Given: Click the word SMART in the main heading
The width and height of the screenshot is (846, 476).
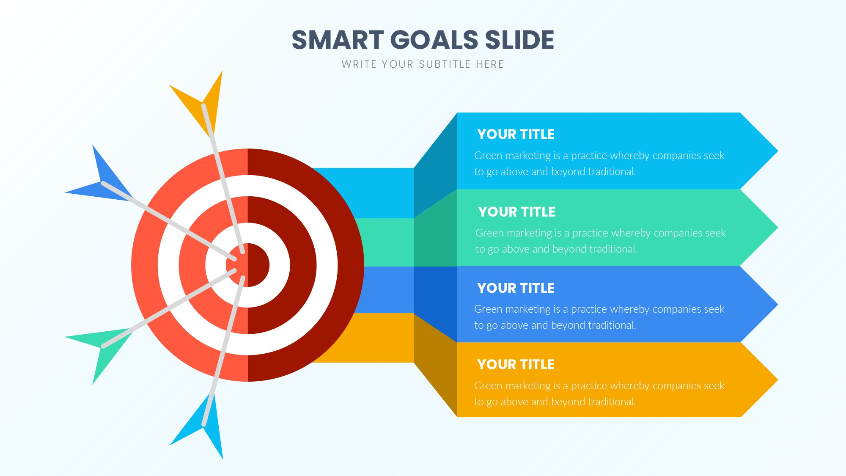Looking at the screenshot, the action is pos(338,40).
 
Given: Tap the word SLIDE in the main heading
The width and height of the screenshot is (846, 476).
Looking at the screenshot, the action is pos(519,40).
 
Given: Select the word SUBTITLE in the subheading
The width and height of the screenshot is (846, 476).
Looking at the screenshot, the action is pos(445,64).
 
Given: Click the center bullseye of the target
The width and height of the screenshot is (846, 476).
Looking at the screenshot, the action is pos(248,265).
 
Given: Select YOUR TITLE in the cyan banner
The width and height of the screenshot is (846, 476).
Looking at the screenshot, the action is pos(516,134).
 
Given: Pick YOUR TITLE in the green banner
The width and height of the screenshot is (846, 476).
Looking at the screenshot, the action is pos(517,212).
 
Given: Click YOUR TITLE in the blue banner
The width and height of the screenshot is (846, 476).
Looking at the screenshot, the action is pos(516,288).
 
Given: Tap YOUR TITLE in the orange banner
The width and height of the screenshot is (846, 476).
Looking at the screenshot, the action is pos(516,364).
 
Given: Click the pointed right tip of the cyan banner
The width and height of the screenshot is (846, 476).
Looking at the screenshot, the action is pos(777,151).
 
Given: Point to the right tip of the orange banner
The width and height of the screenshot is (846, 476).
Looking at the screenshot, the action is pos(777,380).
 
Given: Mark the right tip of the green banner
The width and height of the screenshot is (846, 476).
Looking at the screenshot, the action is pos(777,227).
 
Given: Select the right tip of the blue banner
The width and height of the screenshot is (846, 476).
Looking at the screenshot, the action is pos(777,304).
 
